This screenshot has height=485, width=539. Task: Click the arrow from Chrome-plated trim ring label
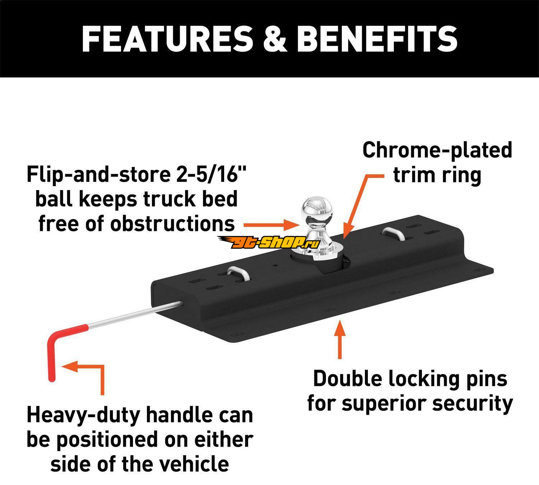[x=359, y=201]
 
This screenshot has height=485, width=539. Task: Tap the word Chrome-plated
[x=437, y=150]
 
